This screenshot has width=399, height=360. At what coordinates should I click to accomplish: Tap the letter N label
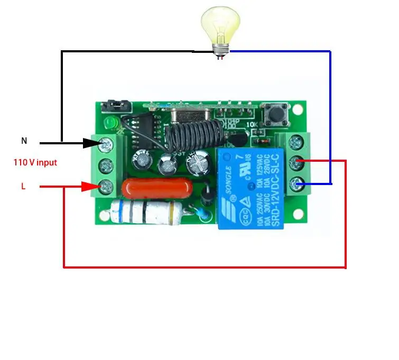(x=24, y=141)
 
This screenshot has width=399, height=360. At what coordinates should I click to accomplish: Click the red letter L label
(x=23, y=186)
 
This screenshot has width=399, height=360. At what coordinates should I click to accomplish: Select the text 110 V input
(x=35, y=163)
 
